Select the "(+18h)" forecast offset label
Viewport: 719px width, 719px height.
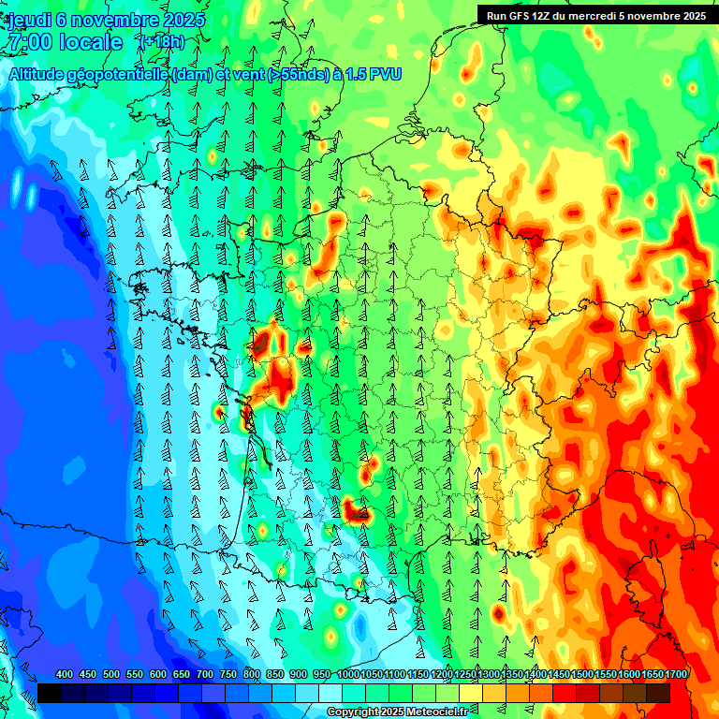161,42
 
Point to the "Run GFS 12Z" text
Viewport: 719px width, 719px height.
523,15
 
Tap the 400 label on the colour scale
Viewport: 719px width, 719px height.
65,674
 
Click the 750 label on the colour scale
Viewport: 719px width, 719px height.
228,674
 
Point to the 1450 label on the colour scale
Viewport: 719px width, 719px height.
559,674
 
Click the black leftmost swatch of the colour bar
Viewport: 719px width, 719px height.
50,694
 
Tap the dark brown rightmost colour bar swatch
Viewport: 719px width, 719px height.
658,694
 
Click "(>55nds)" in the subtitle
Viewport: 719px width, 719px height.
271,74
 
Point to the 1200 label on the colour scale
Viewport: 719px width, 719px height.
442,674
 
